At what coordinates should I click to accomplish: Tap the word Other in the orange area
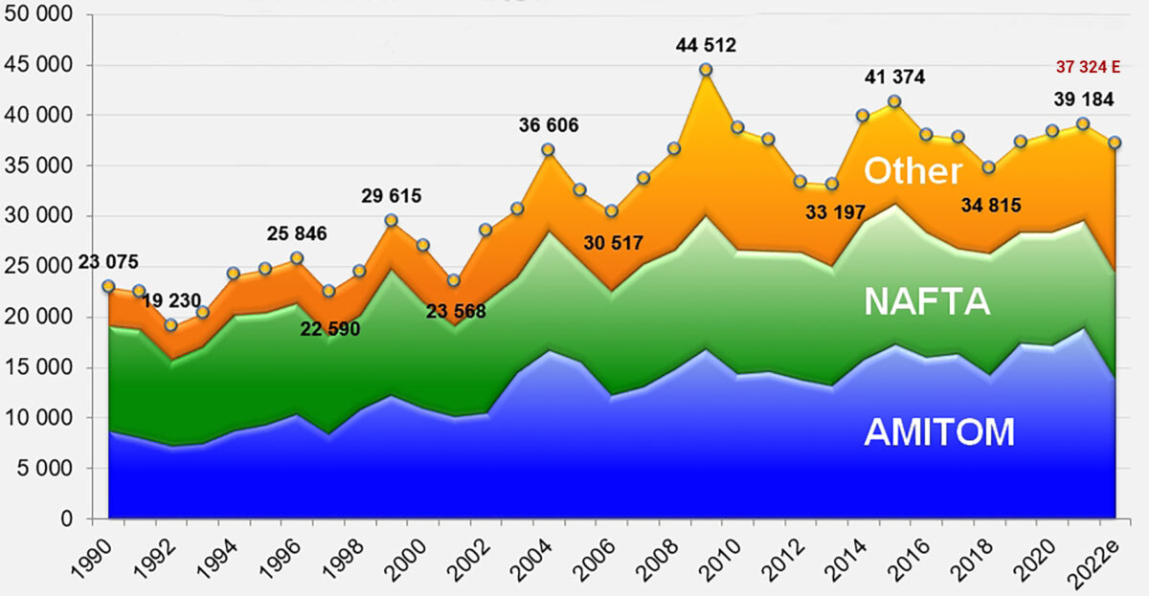pos(912,170)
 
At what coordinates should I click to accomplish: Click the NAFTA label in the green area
pos(926,301)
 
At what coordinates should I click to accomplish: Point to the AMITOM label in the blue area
pos(938,432)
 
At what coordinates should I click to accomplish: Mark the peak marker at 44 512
pos(706,70)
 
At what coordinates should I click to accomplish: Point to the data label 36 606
pos(549,125)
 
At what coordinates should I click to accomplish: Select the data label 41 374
pos(893,77)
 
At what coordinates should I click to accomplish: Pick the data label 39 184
pos(1053,101)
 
